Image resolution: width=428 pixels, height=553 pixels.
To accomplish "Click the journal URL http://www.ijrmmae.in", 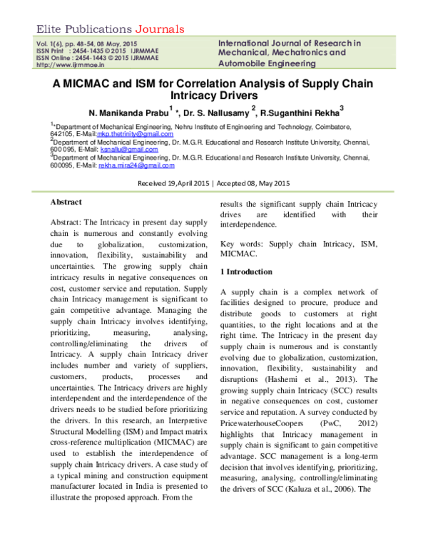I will (x=65, y=64).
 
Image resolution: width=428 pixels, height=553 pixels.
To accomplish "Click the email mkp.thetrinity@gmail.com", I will (x=138, y=133).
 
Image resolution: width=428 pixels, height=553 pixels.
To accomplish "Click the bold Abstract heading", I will (x=66, y=202).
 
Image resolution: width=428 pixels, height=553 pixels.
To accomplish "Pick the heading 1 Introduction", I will (x=246, y=272).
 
